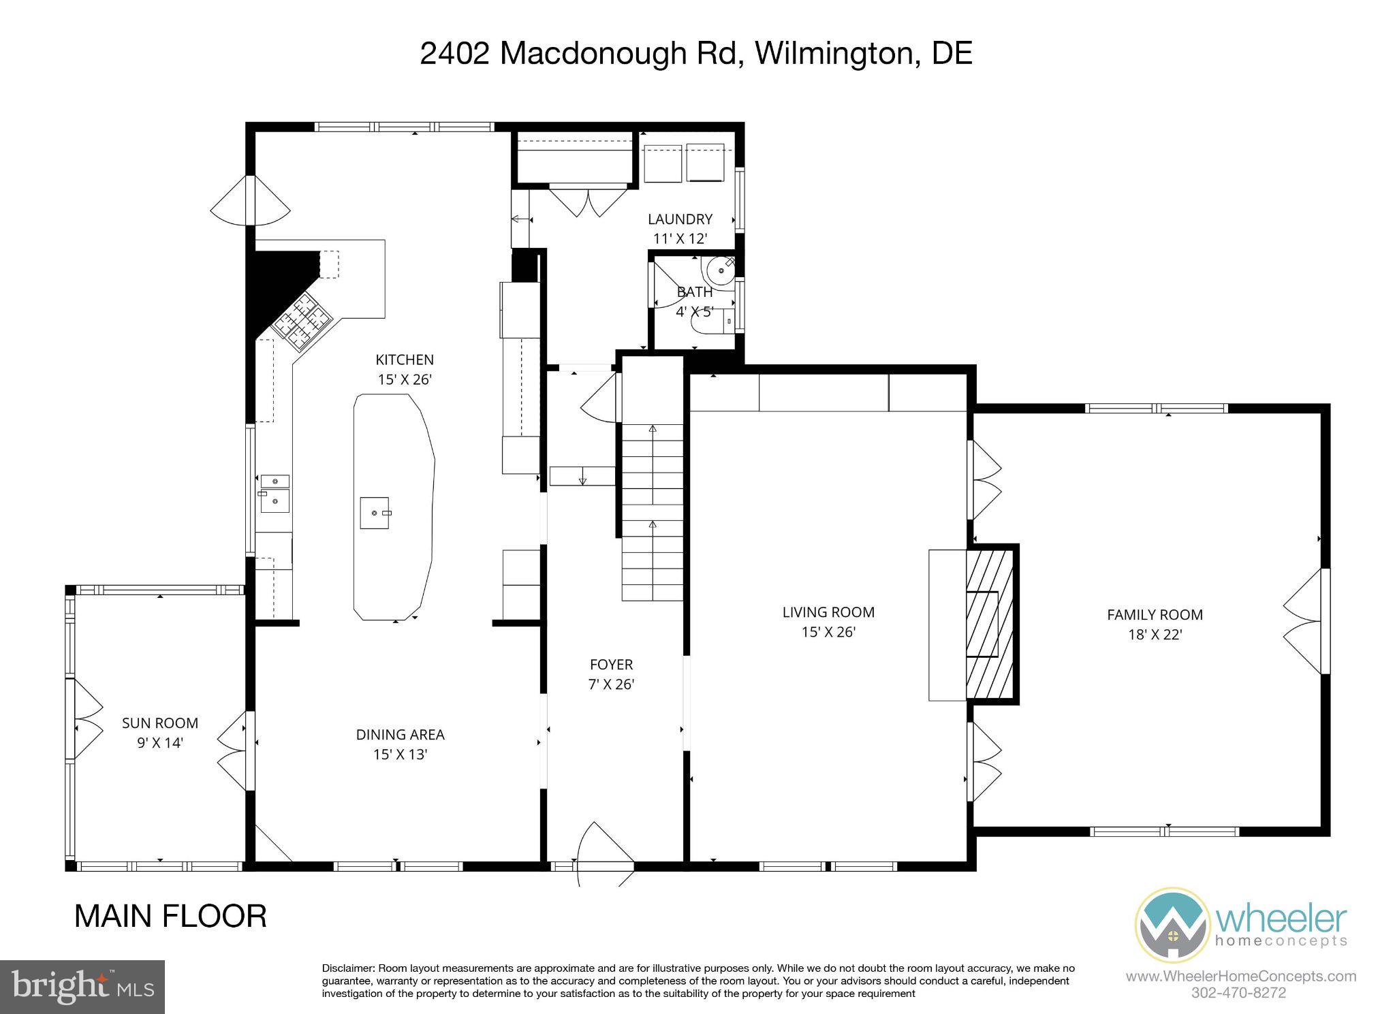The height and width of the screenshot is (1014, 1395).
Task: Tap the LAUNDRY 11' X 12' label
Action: (x=680, y=228)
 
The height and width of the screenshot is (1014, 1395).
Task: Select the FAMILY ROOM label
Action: (x=1155, y=624)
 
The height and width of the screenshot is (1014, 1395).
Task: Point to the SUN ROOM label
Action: (x=160, y=732)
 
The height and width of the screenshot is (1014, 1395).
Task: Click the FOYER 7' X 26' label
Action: (x=611, y=674)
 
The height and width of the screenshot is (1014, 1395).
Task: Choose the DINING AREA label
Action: (x=400, y=744)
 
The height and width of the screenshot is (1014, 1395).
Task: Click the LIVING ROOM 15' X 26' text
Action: (x=828, y=621)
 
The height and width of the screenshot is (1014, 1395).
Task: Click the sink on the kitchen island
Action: (x=375, y=512)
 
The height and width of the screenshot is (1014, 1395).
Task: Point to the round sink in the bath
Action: (x=720, y=272)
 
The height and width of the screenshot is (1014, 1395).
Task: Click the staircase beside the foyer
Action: (x=653, y=511)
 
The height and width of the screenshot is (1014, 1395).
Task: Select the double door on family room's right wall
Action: (x=1306, y=621)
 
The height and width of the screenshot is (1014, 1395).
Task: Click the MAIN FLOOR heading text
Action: (x=170, y=916)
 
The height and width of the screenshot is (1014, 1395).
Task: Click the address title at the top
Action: (x=695, y=54)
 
